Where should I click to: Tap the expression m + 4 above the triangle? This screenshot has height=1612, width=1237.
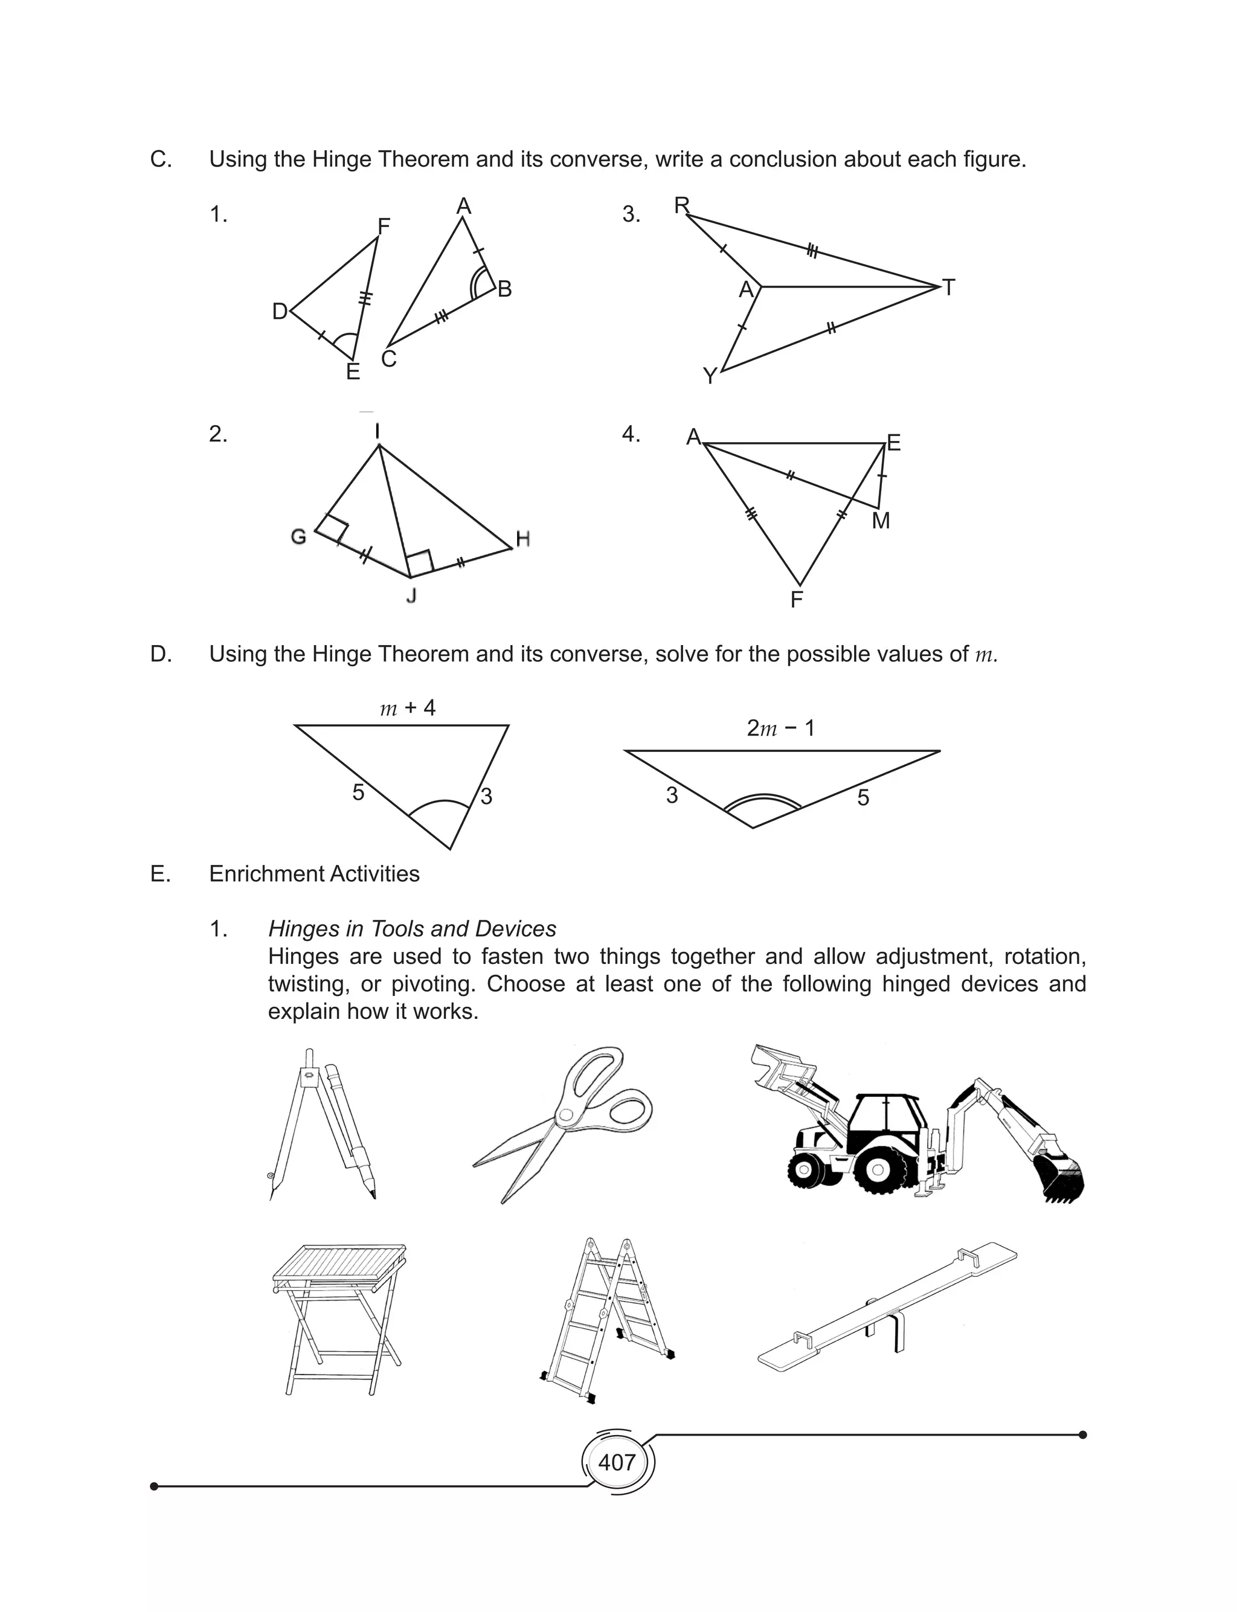tap(407, 708)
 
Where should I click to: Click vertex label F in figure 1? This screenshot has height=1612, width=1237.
tap(383, 226)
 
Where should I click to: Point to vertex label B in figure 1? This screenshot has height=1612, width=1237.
tap(504, 289)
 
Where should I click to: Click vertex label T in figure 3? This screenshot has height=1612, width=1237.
tap(948, 288)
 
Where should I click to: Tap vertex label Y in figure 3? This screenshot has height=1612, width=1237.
tap(710, 377)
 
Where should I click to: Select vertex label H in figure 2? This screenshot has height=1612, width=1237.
tap(523, 539)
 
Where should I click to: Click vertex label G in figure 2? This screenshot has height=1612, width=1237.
tap(298, 536)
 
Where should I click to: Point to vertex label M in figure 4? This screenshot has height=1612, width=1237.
tap(881, 521)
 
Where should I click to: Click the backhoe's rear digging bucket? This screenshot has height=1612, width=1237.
tap(1058, 1178)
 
